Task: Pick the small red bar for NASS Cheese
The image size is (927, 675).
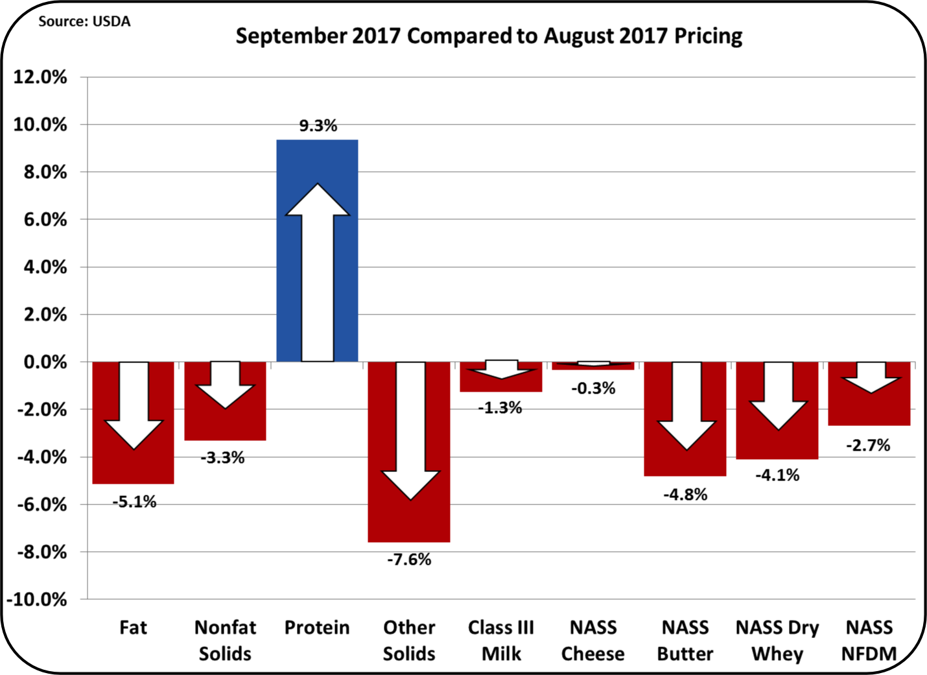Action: click(593, 367)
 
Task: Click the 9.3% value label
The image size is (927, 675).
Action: click(318, 126)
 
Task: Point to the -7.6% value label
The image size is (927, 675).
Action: click(409, 559)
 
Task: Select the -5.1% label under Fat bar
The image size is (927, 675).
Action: click(134, 501)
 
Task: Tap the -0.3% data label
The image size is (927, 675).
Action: click(593, 388)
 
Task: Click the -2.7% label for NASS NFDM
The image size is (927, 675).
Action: click(868, 445)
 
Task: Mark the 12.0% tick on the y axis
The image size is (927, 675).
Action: click(40, 77)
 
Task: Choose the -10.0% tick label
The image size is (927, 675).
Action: click(37, 599)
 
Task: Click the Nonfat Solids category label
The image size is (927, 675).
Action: click(225, 640)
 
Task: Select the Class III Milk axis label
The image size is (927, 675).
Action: click(501, 640)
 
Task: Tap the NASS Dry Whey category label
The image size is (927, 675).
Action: click(777, 640)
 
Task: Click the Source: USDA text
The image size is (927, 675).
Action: click(84, 21)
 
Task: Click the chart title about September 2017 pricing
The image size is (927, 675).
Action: click(489, 36)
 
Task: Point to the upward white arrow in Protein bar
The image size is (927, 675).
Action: click(318, 272)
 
